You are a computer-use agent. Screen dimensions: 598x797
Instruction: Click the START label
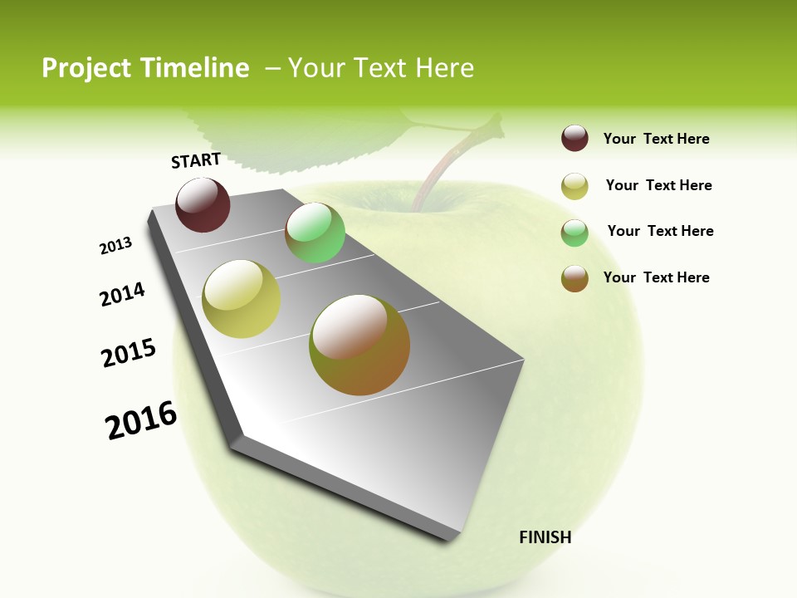tap(196, 160)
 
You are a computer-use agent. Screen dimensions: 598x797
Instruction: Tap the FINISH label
tap(545, 537)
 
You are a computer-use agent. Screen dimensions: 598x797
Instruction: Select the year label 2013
tap(116, 246)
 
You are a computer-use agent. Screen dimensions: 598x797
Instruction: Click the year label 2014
tap(123, 295)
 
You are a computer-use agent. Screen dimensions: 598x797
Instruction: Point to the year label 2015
tap(129, 353)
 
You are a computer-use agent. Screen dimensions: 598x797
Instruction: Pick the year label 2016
tap(141, 420)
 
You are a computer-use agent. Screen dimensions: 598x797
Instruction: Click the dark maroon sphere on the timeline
tap(203, 205)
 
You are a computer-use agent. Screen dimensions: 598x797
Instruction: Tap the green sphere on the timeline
tap(315, 233)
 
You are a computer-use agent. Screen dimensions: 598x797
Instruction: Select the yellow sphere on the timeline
tap(242, 299)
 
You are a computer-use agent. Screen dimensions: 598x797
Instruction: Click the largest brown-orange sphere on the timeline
tap(359, 345)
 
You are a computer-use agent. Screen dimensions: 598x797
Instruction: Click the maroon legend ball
tap(575, 138)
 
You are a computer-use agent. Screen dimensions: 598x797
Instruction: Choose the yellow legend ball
tap(575, 186)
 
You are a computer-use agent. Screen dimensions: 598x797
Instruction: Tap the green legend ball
tap(575, 233)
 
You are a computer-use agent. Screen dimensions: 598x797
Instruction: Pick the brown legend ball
tap(575, 278)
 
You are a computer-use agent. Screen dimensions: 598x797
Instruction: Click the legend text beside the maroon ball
tap(656, 139)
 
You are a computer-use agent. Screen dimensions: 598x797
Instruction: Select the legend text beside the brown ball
tap(656, 277)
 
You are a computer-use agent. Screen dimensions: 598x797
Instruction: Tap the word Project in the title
tap(87, 68)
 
